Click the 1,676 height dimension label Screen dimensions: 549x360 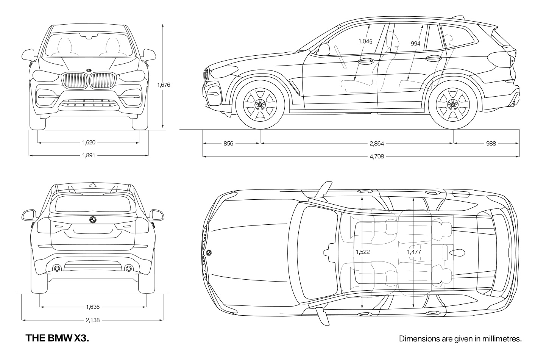click(164, 85)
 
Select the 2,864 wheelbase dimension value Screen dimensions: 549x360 click(377, 144)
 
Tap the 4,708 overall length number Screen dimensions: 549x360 click(377, 157)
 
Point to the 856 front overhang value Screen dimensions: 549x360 click(228, 144)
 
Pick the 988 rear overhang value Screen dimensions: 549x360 click(491, 144)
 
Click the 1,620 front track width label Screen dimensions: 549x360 click(89, 142)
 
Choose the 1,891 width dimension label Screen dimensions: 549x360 click(89, 155)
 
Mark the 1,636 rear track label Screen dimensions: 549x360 click(93, 307)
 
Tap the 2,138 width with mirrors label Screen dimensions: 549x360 click(93, 320)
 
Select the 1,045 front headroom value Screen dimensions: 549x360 click(365, 41)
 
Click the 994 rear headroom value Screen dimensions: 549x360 click(415, 44)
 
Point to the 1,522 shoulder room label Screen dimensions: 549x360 click(363, 252)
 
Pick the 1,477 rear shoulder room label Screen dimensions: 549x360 click(414, 252)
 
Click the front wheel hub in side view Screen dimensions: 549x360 click(260, 105)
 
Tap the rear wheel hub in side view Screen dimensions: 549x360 click(453, 105)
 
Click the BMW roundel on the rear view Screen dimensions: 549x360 click(93, 220)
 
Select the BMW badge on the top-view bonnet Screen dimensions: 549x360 click(209, 253)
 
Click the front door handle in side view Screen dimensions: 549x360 click(365, 61)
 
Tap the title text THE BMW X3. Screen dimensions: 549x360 click(57, 338)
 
